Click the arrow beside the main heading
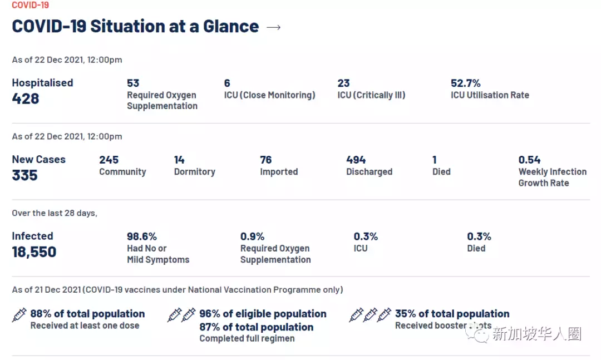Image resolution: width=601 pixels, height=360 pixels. point(273,27)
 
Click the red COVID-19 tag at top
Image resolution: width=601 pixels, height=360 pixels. point(30,5)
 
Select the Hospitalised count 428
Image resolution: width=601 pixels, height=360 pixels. point(26,98)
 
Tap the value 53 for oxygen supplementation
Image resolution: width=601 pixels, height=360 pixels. point(133,83)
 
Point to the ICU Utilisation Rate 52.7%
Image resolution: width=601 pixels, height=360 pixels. point(465,83)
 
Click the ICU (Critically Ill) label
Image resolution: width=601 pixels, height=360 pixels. point(371,95)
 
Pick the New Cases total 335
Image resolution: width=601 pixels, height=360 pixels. point(25,175)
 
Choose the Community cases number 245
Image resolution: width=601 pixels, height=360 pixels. point(109,160)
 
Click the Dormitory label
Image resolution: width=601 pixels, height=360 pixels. point(194,172)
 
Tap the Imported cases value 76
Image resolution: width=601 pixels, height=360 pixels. point(266,160)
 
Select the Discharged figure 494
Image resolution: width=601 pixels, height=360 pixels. point(356,160)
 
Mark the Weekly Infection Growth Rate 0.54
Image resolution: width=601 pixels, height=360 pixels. point(529,160)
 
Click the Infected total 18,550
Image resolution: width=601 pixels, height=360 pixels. point(34,252)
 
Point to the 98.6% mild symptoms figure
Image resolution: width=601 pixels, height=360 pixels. point(142,236)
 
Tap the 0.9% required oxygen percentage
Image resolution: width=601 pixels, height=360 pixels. point(252,236)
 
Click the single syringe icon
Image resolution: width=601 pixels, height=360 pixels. point(19,315)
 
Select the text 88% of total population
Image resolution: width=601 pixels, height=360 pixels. point(87,314)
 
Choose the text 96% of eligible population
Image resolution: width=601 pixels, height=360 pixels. point(263,314)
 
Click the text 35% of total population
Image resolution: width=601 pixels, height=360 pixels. point(452,314)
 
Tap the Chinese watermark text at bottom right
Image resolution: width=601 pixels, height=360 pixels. point(536,334)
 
